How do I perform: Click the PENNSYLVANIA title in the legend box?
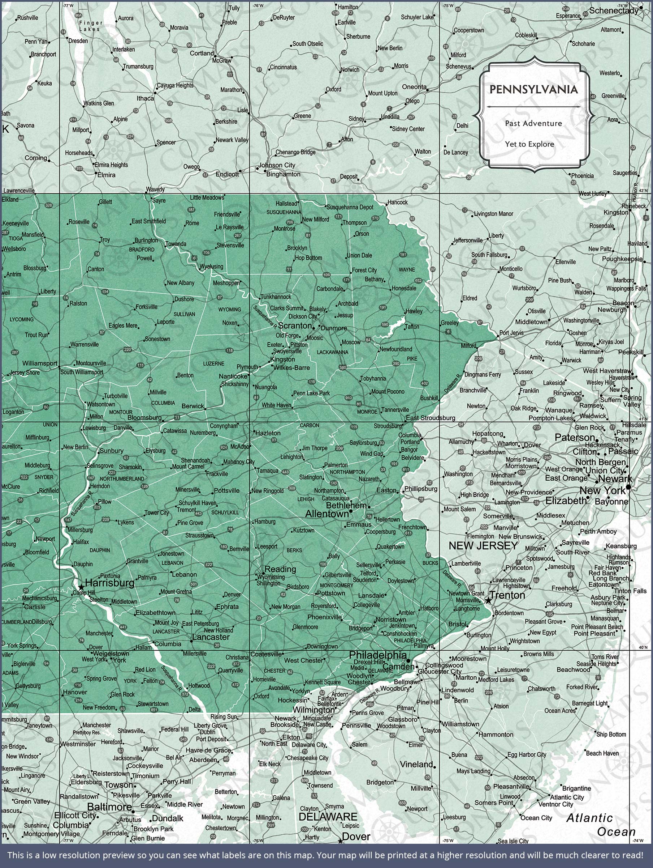[533, 89]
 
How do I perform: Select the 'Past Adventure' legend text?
[533, 123]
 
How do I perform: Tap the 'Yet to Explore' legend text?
[529, 144]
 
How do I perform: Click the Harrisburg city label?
[110, 583]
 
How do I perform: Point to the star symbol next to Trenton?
[488, 600]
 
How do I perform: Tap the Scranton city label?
[295, 326]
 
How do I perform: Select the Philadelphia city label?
[378, 655]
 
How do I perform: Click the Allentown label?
[326, 514]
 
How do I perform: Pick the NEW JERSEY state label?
[483, 545]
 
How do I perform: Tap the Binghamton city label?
[284, 174]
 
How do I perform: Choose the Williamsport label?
[40, 363]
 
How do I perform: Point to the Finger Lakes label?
[91, 26]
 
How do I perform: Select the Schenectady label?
[614, 10]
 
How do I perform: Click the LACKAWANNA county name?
[332, 352]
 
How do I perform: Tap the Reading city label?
[280, 569]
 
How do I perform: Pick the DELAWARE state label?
[328, 817]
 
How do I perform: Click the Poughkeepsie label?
[622, 259]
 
